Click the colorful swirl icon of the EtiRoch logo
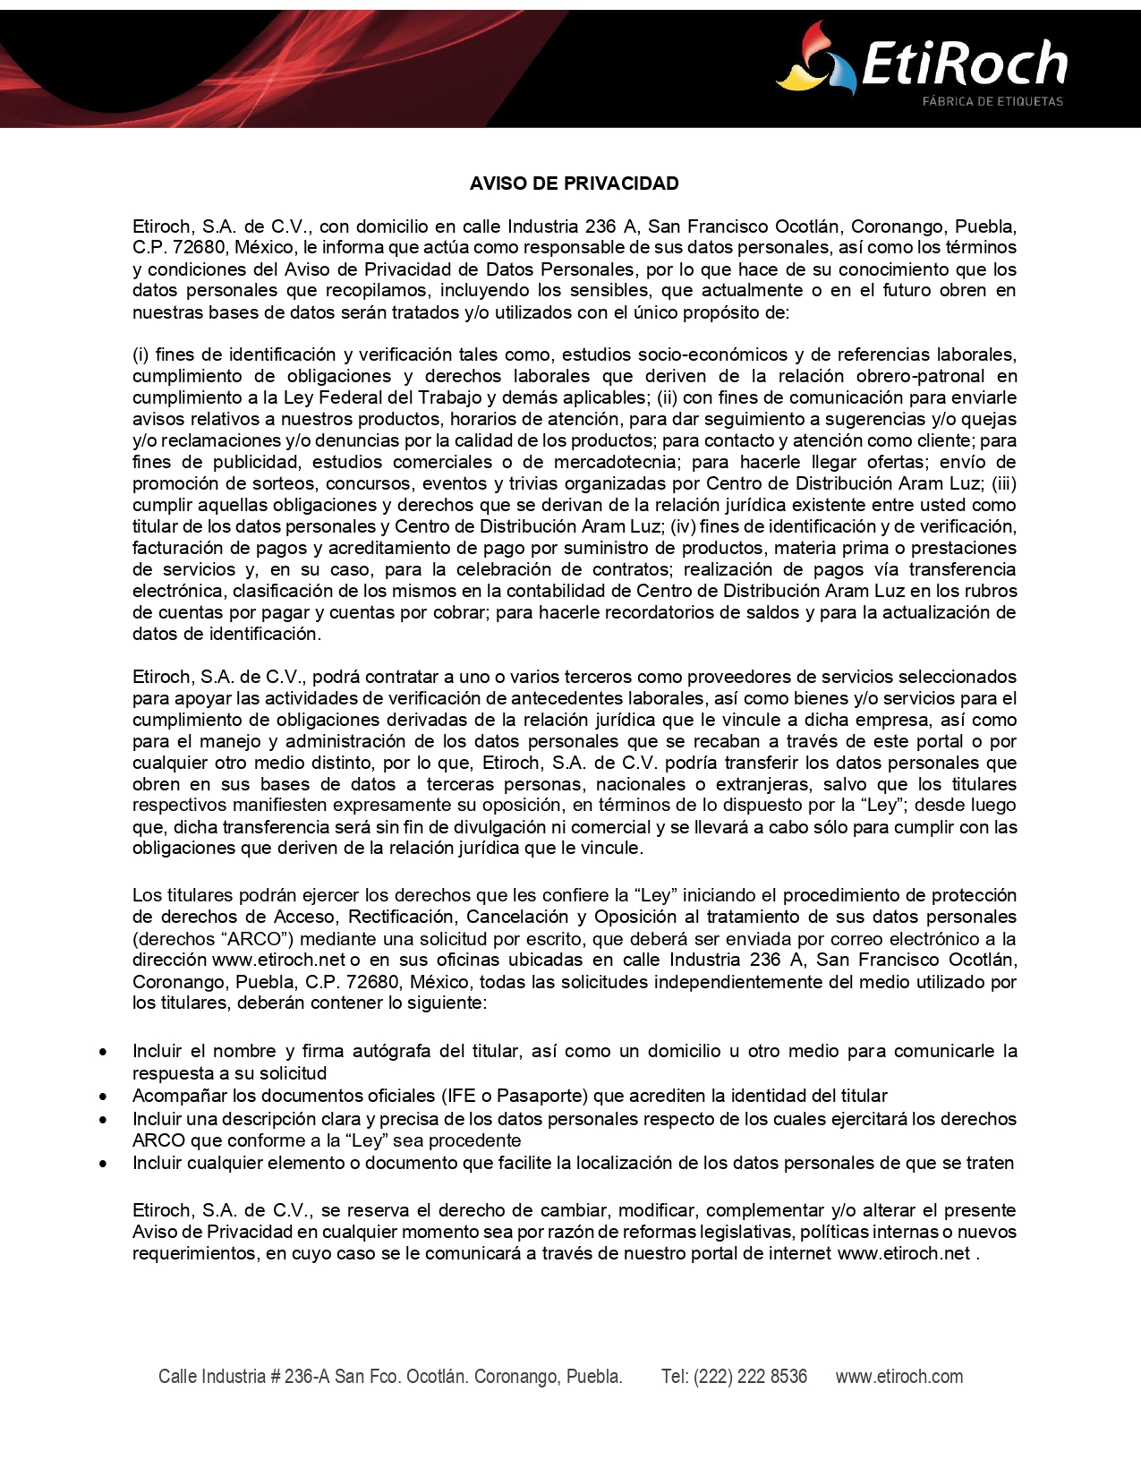[811, 60]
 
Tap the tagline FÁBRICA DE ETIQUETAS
[992, 101]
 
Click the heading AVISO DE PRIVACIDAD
[574, 184]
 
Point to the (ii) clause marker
[667, 397]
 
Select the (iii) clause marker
[1003, 483]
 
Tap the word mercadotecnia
[616, 462]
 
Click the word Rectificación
[401, 917]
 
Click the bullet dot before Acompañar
[105, 1097]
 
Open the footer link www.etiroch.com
[898, 1377]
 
